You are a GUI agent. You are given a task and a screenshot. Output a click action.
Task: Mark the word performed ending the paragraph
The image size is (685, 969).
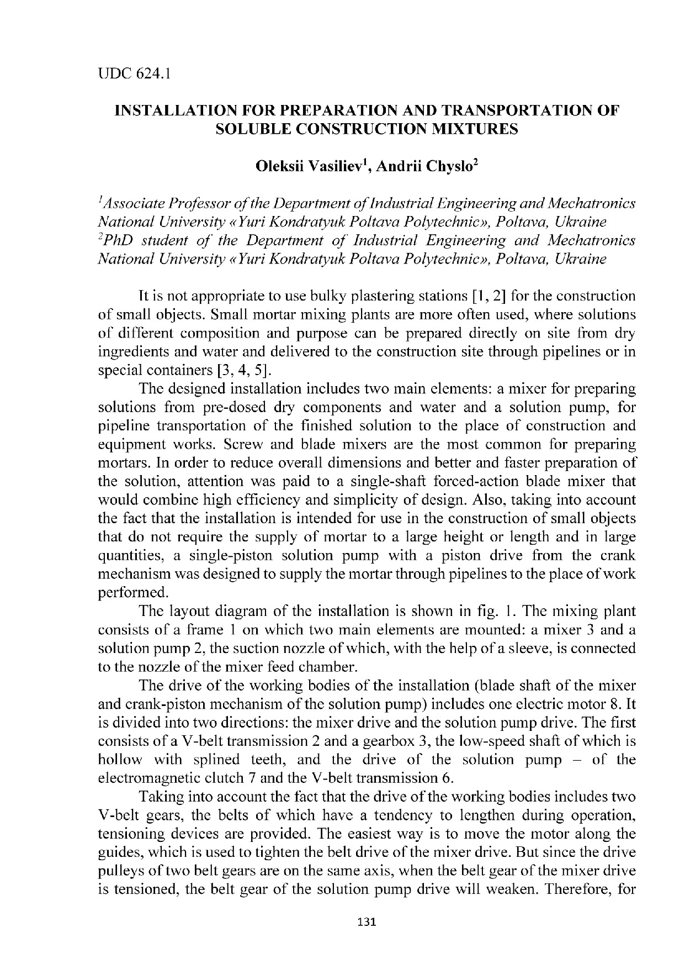click(x=128, y=592)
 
